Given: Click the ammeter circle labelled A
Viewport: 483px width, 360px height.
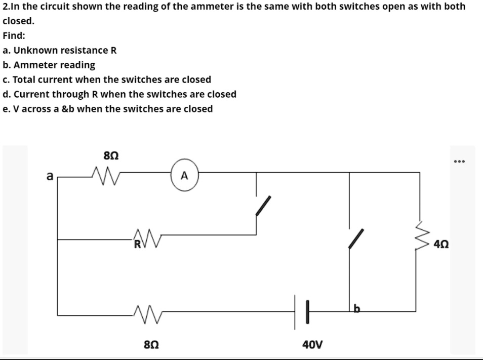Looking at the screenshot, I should tap(184, 176).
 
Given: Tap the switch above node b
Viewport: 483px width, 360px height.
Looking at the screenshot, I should tap(356, 238).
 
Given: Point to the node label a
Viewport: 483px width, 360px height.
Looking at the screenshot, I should tap(49, 176).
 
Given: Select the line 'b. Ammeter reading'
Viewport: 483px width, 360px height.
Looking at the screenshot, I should tap(49, 65).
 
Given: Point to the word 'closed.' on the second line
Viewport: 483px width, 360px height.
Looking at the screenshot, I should tap(19, 21).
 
